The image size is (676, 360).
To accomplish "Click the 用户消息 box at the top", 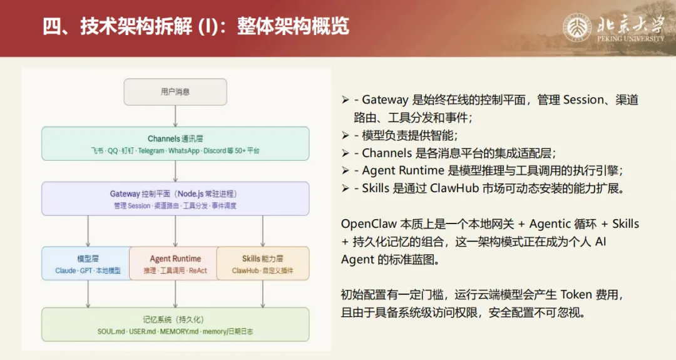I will point(175,91).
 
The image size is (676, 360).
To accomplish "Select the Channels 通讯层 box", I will point(175,143).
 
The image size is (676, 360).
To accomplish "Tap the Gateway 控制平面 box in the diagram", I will point(175,198).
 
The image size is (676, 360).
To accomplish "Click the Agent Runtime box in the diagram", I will point(175,264).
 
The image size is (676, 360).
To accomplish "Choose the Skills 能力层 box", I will point(263,264).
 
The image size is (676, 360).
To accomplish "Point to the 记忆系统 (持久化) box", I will point(175,324).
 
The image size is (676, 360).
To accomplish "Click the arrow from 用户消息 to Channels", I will point(175,116).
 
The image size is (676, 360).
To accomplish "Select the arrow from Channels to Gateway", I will point(175,171).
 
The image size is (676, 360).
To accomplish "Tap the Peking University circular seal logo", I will point(577,28).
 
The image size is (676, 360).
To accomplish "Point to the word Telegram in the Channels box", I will point(152,151).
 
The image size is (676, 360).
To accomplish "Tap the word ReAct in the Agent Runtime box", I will point(198,271).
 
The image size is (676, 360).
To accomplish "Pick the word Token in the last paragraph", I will point(575,295).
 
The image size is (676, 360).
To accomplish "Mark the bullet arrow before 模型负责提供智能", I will point(346,135).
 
